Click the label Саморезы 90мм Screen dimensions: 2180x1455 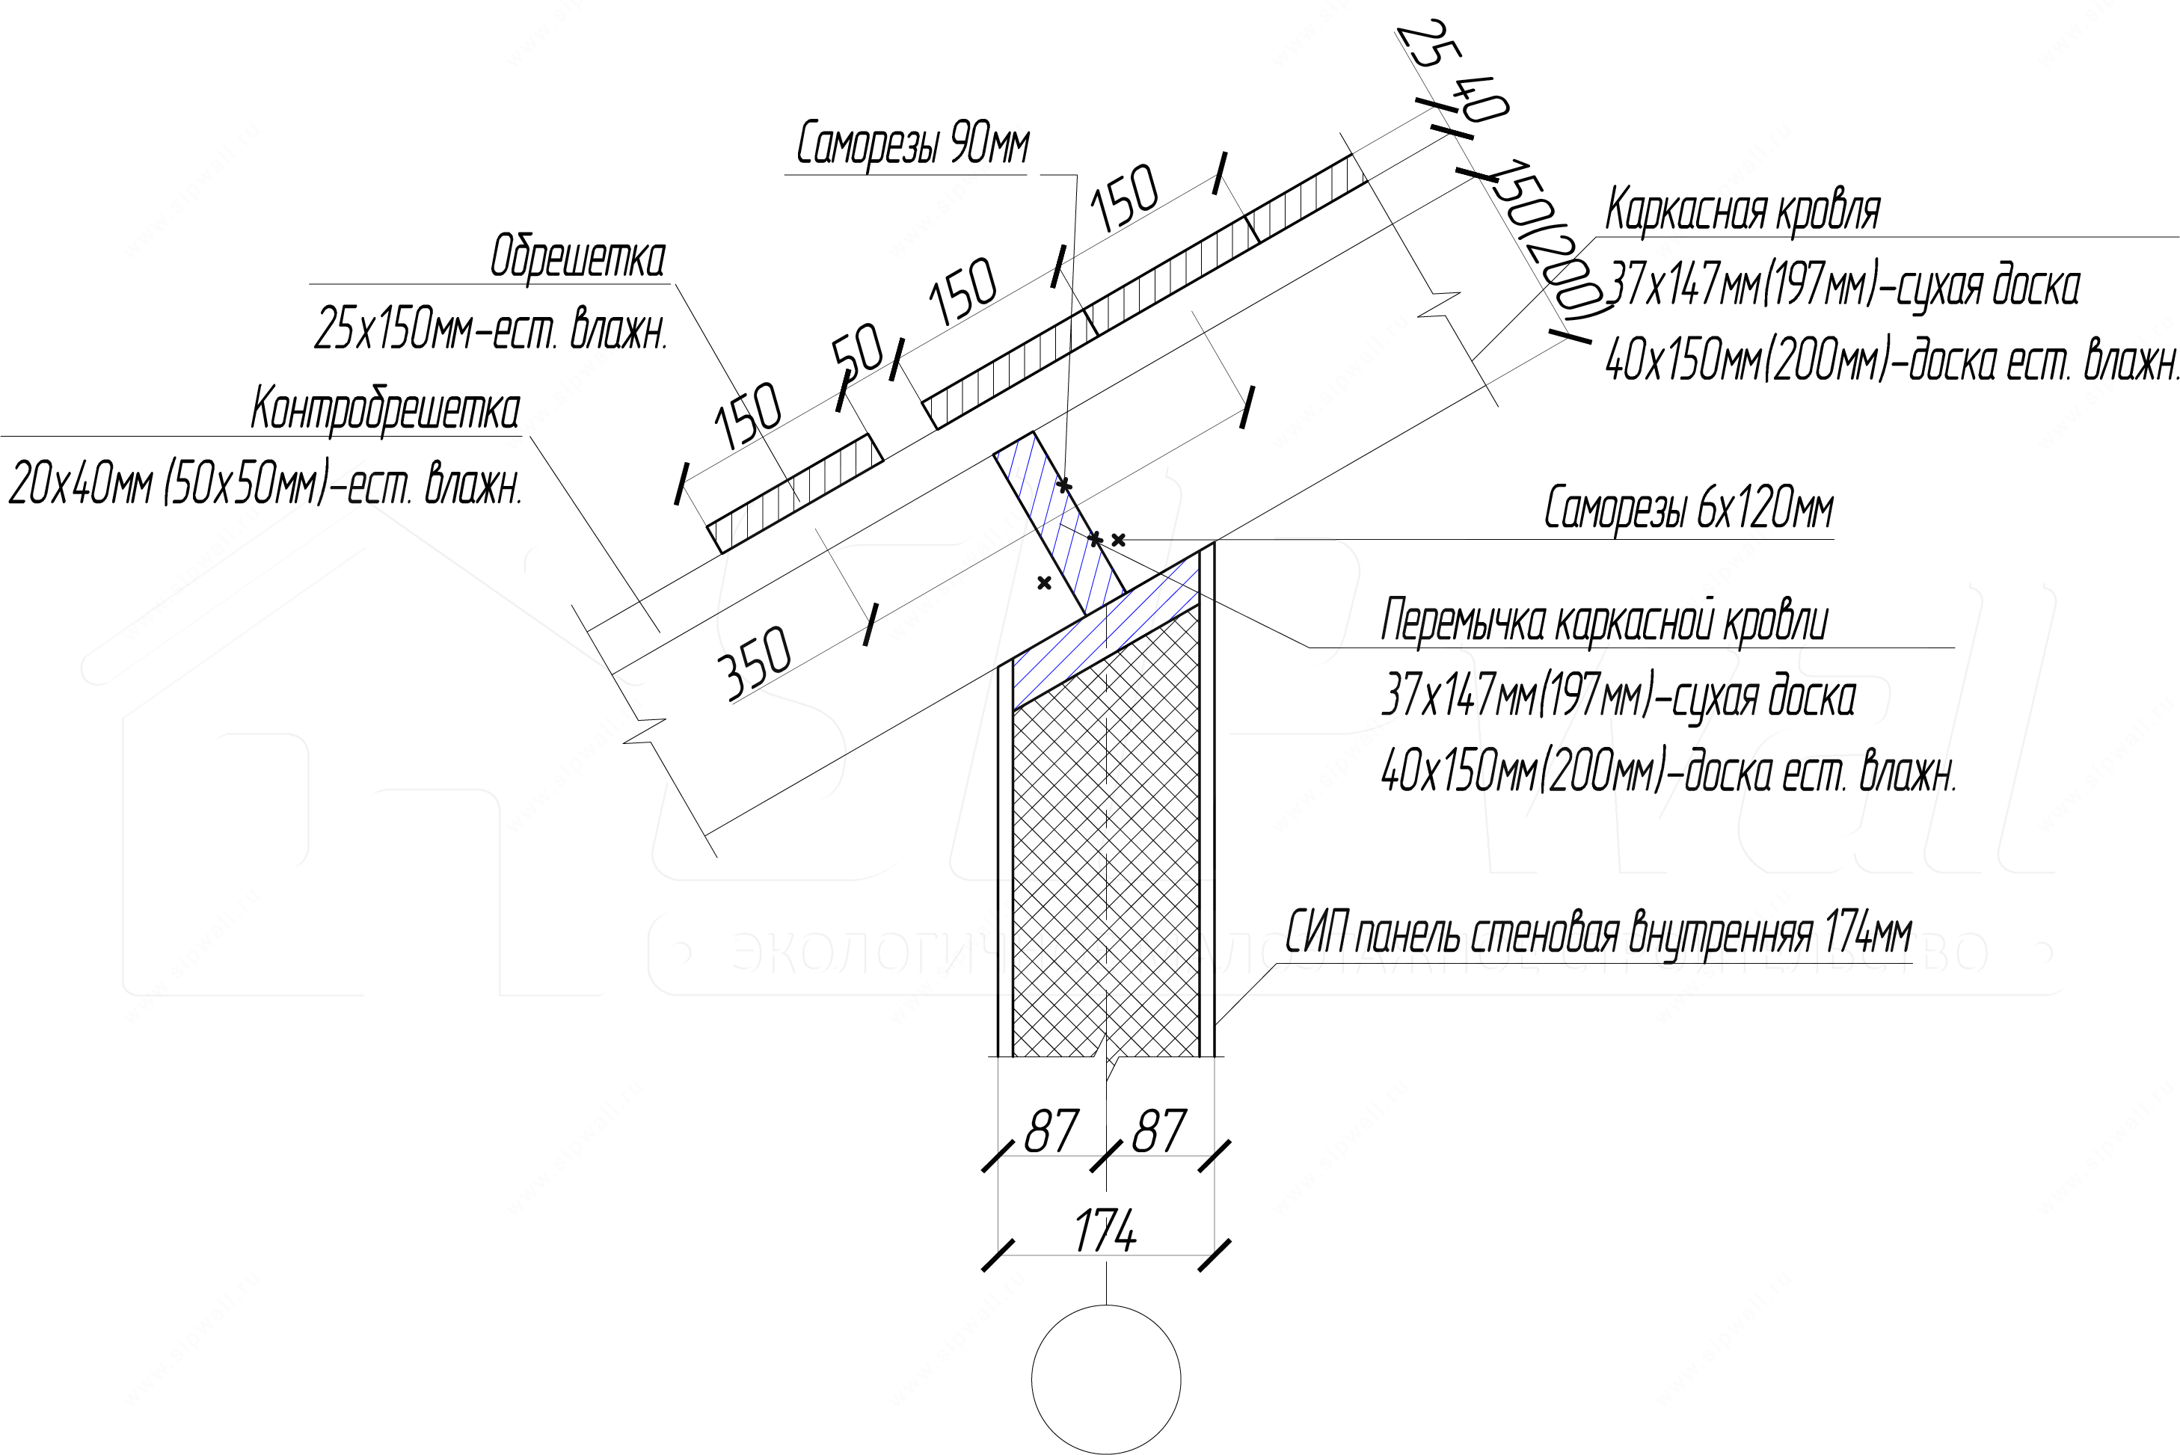[x=913, y=146]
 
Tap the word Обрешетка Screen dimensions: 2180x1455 [x=577, y=257]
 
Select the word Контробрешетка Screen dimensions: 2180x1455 [x=385, y=409]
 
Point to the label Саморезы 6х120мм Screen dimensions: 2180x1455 [x=1689, y=508]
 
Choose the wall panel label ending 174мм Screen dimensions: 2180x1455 [x=1599, y=932]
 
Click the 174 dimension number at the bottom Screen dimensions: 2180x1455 [x=1105, y=1231]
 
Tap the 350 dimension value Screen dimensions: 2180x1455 [x=755, y=662]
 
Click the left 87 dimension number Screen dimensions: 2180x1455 [x=1051, y=1131]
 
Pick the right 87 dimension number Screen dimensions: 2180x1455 [x=1159, y=1131]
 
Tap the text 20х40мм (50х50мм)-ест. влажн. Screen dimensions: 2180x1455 [x=265, y=485]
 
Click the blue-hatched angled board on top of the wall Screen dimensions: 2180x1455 [x=1105, y=631]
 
